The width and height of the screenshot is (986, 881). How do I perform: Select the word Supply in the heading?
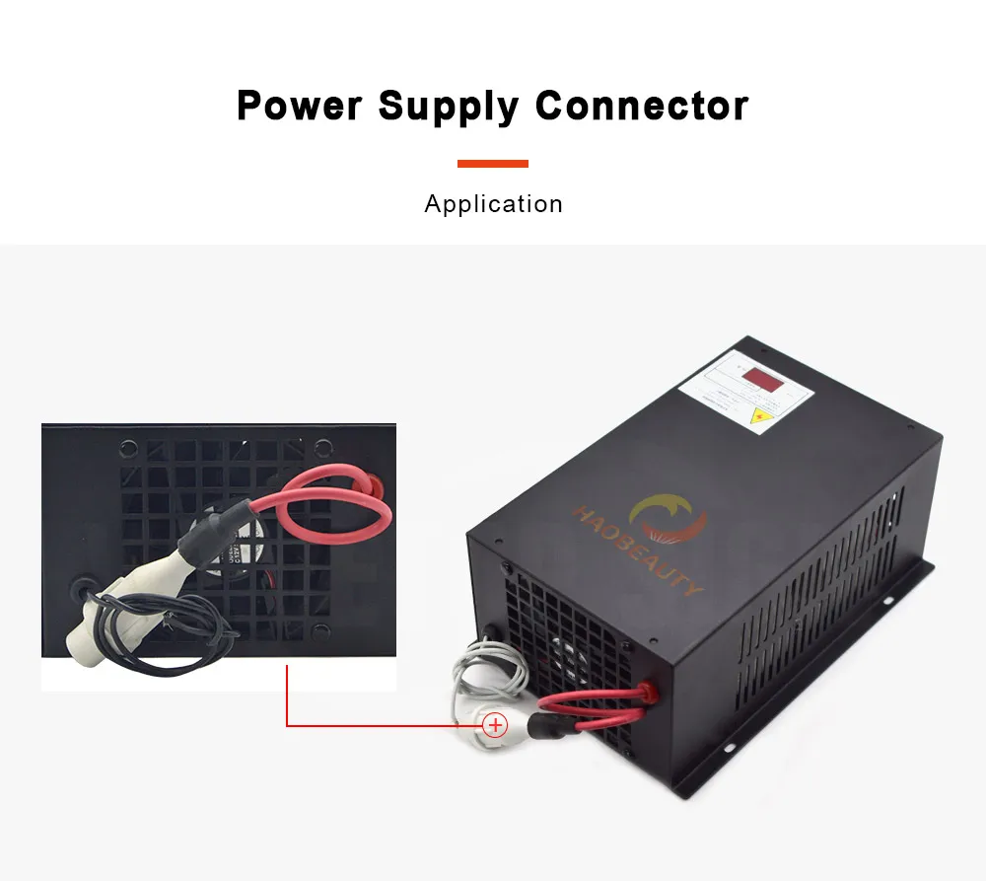coord(450,106)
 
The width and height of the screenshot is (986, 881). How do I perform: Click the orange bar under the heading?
coord(493,164)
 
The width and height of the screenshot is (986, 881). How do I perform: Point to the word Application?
coord(493,204)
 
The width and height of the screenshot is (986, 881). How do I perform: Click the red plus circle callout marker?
coord(495,726)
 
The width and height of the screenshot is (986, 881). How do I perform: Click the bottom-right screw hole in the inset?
coord(319,632)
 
